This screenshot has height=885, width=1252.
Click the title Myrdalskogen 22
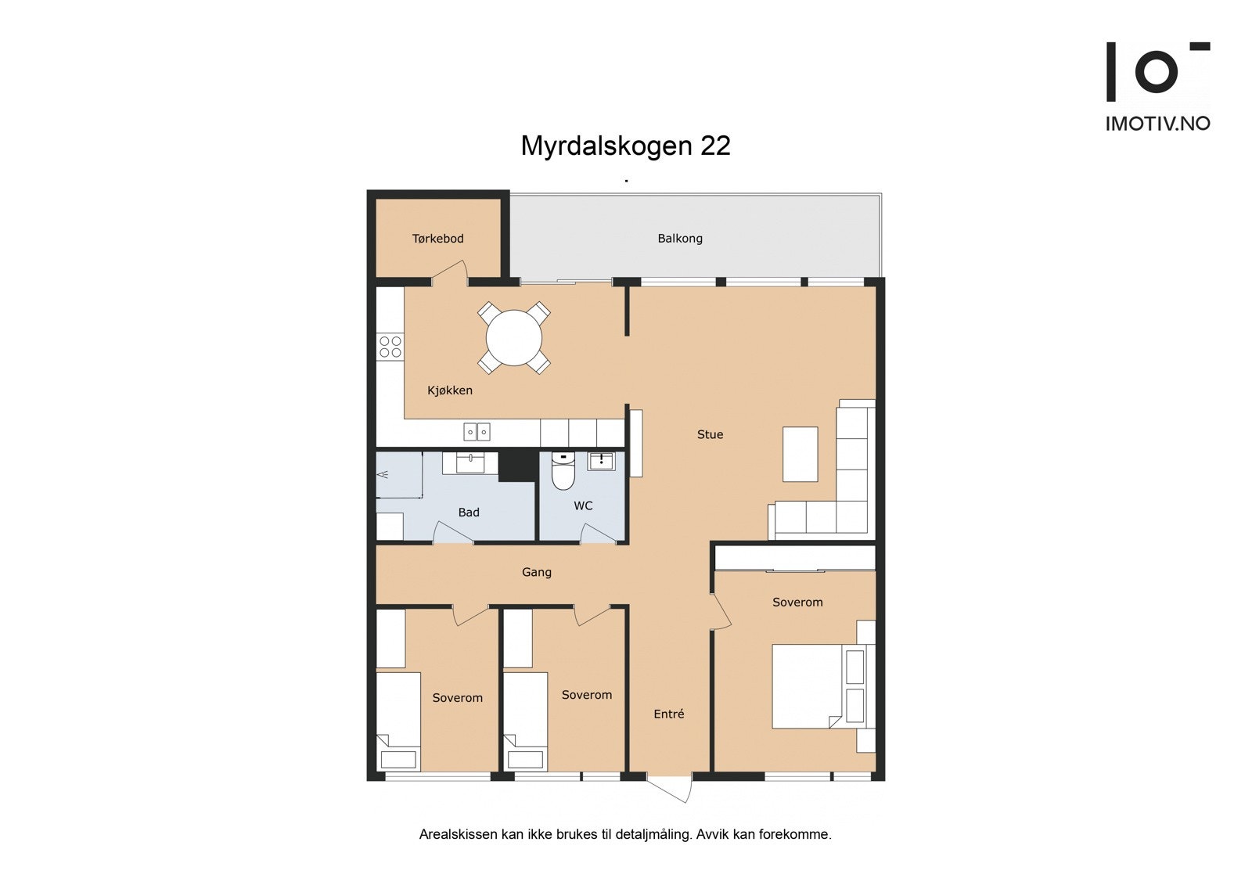click(625, 146)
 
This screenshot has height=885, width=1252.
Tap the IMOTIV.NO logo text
click(1157, 124)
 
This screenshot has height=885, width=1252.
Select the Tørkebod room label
click(437, 239)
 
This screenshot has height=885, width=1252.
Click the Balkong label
click(679, 239)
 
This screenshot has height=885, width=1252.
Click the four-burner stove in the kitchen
click(390, 347)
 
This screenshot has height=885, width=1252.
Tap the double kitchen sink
click(477, 432)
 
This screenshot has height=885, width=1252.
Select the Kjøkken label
click(449, 390)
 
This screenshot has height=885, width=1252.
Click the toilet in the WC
click(563, 471)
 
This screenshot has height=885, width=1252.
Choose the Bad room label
click(468, 513)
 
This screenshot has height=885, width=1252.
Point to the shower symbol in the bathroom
click(383, 475)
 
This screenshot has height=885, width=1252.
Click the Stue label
click(710, 435)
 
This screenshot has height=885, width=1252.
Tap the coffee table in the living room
click(800, 454)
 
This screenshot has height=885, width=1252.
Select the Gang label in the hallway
click(536, 573)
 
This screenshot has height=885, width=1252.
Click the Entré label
click(668, 714)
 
